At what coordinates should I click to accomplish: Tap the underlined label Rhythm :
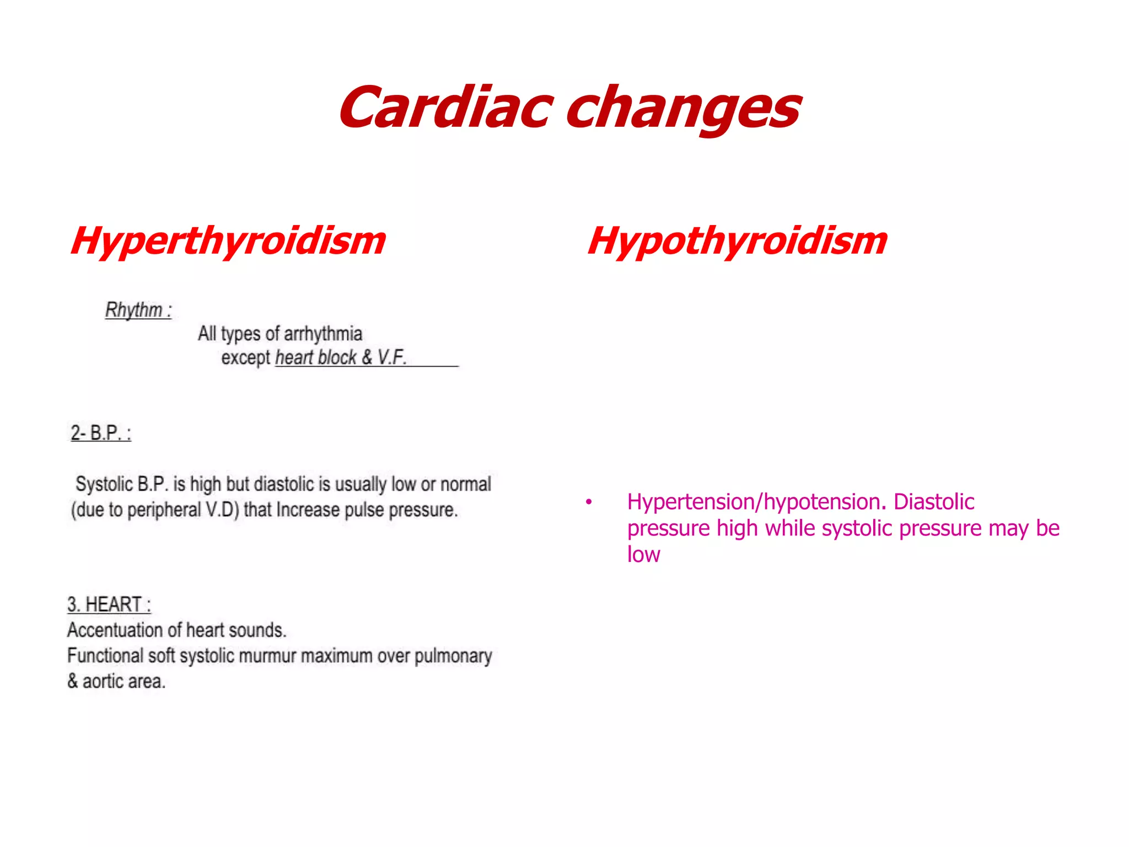click(138, 310)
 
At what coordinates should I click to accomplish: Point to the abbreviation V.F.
click(392, 357)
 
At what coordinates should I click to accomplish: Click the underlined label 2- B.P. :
click(101, 433)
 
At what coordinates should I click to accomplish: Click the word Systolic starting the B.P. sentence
click(104, 484)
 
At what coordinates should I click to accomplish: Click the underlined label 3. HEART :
click(109, 604)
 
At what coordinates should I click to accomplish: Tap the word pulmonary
click(453, 656)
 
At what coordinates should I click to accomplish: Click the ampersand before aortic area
click(73, 682)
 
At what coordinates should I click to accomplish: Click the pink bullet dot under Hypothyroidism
click(589, 502)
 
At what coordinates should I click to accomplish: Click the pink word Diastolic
click(934, 502)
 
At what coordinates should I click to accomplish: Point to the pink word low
click(643, 555)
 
